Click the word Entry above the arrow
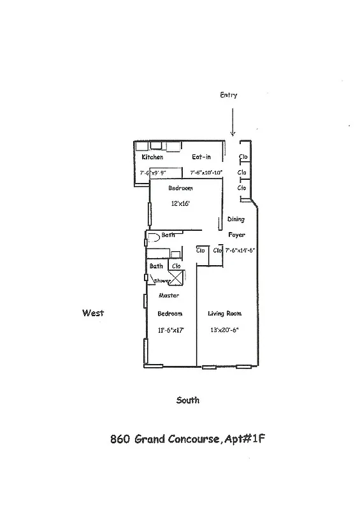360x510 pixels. pos(228,95)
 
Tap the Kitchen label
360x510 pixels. pos(152,157)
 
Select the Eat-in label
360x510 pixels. pos(202,157)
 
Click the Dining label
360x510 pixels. pos(236,219)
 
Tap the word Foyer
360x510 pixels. pos(237,235)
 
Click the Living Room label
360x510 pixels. pos(225,314)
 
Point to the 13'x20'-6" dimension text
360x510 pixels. pos(225,330)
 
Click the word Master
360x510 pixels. pos(168,296)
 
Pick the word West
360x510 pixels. pos(92,313)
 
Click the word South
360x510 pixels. pos(187,400)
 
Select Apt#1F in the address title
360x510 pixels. pos(244,439)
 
